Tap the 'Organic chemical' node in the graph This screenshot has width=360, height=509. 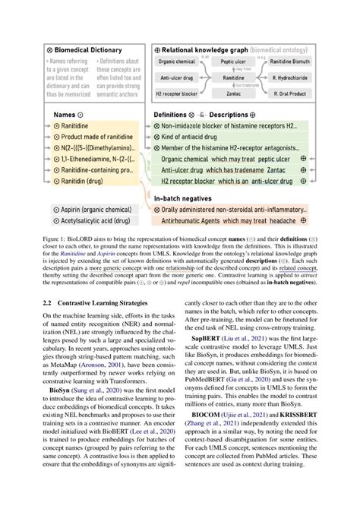[x=177, y=62]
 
